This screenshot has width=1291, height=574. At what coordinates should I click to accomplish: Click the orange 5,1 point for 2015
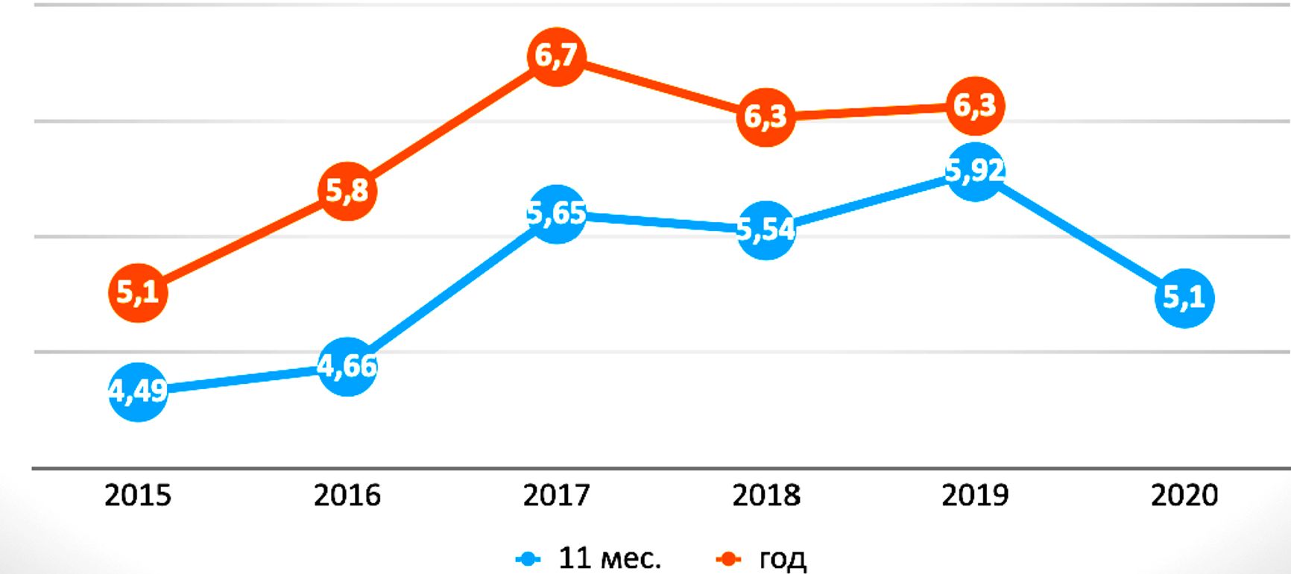click(x=138, y=292)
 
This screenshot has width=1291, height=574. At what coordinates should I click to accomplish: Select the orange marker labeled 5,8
click(x=347, y=191)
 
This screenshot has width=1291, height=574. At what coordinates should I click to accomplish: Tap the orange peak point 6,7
click(x=556, y=56)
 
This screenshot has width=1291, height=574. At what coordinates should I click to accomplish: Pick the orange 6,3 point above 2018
click(x=766, y=116)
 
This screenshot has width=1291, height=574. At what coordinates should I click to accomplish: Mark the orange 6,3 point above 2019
click(x=975, y=106)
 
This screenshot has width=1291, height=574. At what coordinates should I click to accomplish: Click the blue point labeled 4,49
click(x=138, y=391)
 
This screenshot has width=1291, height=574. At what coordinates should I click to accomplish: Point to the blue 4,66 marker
click(x=347, y=366)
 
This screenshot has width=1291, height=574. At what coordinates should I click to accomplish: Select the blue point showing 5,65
click(x=556, y=214)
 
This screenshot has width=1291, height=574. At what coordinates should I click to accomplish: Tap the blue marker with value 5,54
click(x=766, y=230)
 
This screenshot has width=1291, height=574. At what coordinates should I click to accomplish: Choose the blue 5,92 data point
click(x=975, y=171)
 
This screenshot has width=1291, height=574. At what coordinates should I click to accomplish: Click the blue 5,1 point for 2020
click(x=1184, y=298)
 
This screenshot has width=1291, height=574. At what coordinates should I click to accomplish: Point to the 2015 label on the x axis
click(x=138, y=496)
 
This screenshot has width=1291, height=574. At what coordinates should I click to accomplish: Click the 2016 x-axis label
click(x=347, y=496)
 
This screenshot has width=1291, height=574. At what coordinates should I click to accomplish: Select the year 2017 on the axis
click(x=556, y=496)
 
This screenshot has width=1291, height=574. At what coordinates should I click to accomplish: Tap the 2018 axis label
click(x=766, y=496)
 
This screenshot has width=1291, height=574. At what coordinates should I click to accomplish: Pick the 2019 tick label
click(x=975, y=496)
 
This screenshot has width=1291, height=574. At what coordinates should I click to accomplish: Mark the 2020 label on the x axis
click(x=1184, y=496)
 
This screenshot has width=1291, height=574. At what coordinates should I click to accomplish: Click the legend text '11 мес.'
click(x=610, y=558)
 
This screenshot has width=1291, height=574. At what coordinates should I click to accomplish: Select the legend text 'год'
click(x=783, y=558)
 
